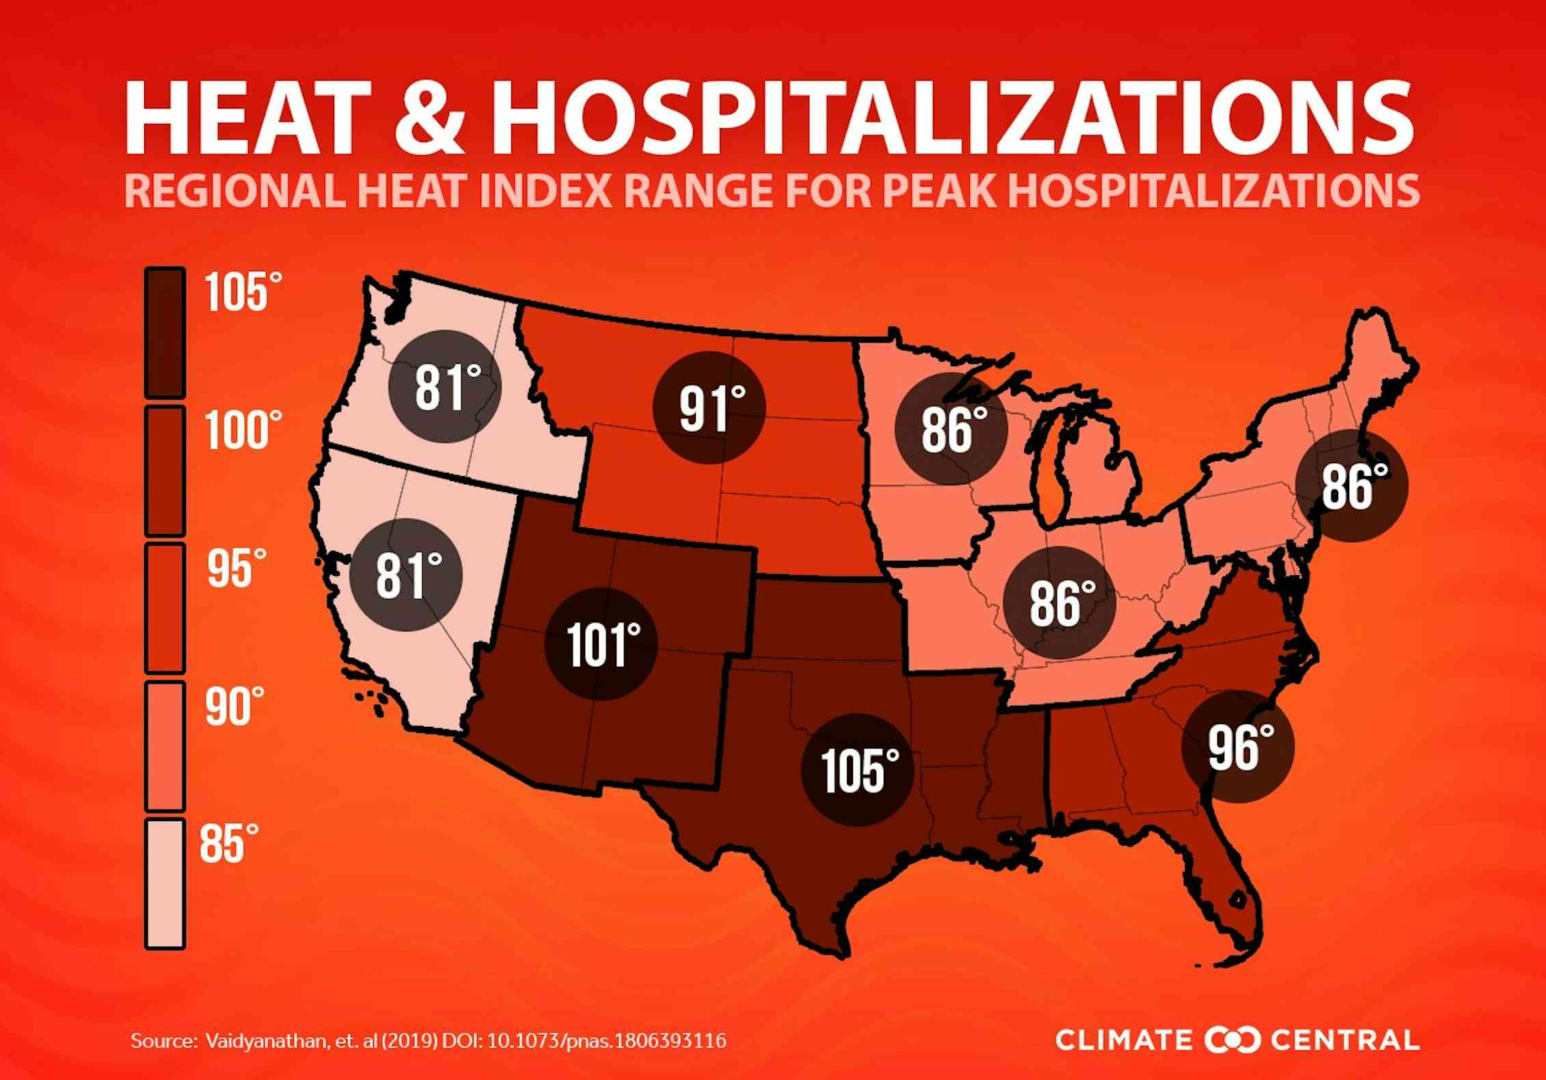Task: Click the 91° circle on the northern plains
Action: tap(709, 408)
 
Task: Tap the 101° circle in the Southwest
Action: tap(601, 643)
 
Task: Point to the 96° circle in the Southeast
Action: tap(1238, 747)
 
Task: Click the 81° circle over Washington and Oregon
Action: tap(445, 387)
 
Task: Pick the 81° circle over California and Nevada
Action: tap(406, 574)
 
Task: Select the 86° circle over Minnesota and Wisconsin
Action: tap(951, 429)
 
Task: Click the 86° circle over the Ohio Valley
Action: tap(1059, 603)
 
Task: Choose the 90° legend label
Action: tap(234, 706)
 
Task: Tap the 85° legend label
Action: tap(229, 843)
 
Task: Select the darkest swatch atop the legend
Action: tap(165, 333)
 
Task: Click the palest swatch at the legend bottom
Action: tap(165, 883)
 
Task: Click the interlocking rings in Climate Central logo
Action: tap(1232, 1040)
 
